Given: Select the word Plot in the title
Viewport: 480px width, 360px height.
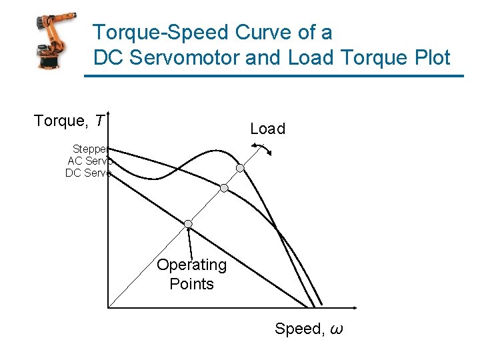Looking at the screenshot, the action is (x=428, y=58).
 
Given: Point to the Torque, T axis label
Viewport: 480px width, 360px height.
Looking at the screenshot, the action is (x=69, y=121).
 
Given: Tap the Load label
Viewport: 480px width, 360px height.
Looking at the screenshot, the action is (x=267, y=129).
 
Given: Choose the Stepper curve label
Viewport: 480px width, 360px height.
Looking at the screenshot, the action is (x=91, y=149).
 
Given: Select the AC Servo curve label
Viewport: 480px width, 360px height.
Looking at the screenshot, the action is (x=89, y=161).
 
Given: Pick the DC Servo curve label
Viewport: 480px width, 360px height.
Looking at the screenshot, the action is (x=88, y=173).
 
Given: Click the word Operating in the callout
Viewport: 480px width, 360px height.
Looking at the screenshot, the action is (x=191, y=265).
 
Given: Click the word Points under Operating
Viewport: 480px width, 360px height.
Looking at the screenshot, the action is (x=191, y=284).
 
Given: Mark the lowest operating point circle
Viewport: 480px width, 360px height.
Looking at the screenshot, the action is (x=189, y=223).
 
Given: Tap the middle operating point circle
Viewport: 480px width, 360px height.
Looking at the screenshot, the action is (x=224, y=188).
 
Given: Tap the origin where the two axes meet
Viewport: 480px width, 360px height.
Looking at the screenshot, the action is (x=107, y=307).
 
